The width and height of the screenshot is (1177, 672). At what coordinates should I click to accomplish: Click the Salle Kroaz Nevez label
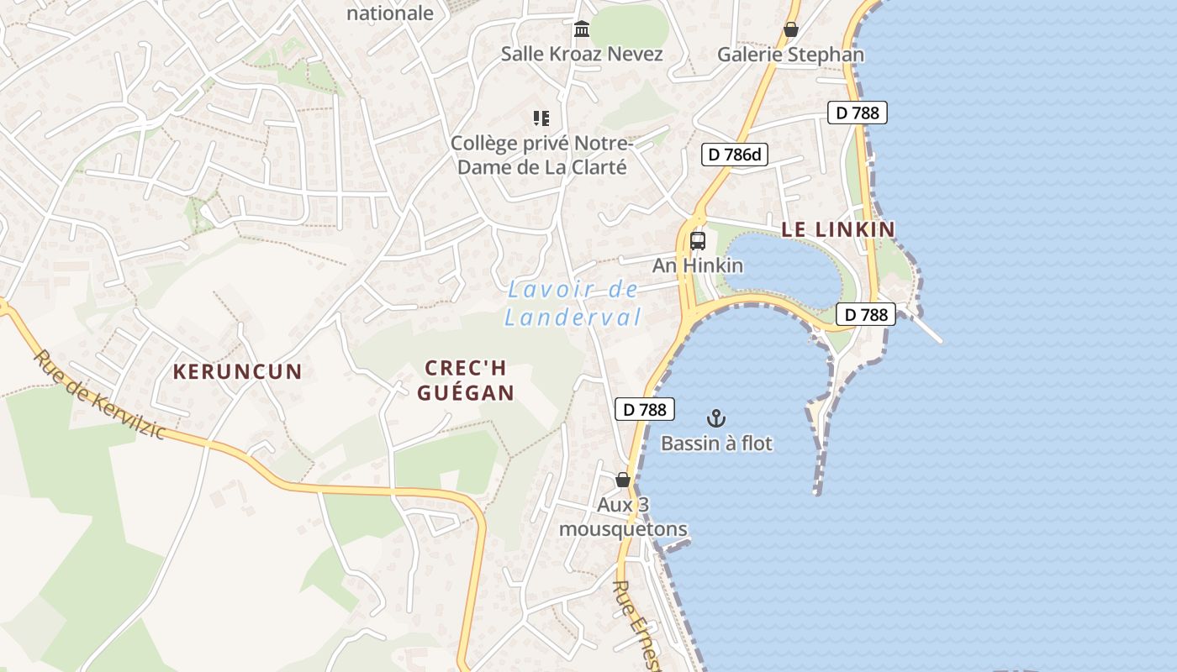click(x=582, y=55)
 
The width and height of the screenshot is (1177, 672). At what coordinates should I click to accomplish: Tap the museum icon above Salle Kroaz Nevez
click(x=582, y=30)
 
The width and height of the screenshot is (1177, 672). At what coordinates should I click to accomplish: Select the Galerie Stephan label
click(x=790, y=55)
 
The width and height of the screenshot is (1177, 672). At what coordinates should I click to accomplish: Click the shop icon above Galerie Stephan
click(x=791, y=30)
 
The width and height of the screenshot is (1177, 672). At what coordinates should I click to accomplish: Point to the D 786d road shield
click(x=735, y=154)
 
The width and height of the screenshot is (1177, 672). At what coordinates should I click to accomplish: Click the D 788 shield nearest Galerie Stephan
click(x=857, y=113)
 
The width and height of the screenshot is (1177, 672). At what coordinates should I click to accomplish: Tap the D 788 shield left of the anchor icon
click(x=645, y=409)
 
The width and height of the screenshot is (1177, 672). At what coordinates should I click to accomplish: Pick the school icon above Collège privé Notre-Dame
click(x=541, y=118)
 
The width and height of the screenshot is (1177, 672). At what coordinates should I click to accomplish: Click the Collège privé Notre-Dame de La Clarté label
click(x=539, y=155)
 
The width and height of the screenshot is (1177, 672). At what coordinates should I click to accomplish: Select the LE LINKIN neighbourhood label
click(x=838, y=228)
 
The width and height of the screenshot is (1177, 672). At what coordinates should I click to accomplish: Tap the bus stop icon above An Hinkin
click(x=698, y=241)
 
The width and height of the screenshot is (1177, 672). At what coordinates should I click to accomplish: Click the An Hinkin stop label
click(x=698, y=265)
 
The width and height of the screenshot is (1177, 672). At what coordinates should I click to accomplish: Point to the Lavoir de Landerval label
click(x=573, y=304)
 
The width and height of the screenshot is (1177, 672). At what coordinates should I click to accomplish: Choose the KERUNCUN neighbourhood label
click(x=237, y=371)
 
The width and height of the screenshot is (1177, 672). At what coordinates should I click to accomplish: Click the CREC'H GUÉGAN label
click(x=466, y=381)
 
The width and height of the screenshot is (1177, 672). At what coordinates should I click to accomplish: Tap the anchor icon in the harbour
click(x=716, y=417)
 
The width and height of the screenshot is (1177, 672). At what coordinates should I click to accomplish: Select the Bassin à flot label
click(x=716, y=443)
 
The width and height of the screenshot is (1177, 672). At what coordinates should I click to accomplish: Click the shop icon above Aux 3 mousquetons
click(x=623, y=480)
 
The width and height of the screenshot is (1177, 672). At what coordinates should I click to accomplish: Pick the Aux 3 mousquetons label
click(x=623, y=517)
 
